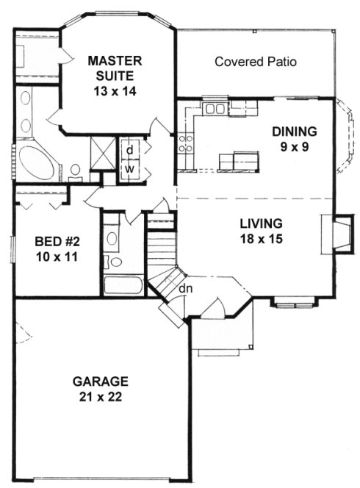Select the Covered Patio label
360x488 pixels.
tap(256, 62)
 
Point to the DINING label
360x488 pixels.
tap(294, 132)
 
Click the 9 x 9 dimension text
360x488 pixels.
tap(294, 147)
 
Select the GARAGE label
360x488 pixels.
tap(101, 381)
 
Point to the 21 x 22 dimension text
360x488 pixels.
tap(101, 397)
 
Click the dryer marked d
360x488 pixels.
tap(129, 149)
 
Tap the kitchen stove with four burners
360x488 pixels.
tap(184, 143)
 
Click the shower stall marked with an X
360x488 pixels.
tap(101, 150)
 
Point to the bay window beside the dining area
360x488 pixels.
tap(345, 140)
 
